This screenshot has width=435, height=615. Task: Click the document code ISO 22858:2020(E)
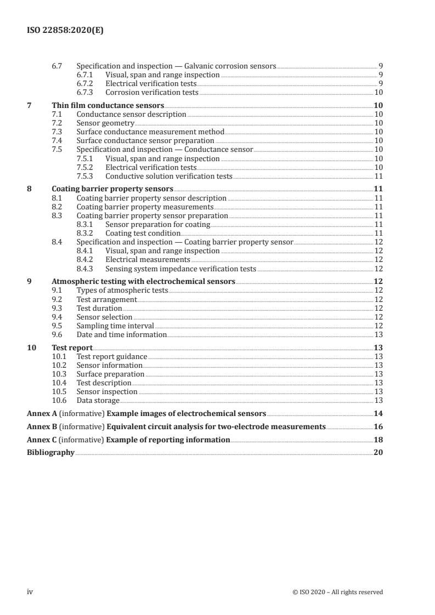click(x=65, y=31)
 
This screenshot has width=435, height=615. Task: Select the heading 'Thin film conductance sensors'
click(x=108, y=105)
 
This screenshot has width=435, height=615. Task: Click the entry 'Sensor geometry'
click(x=105, y=123)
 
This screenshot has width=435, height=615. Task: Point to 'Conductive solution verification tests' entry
click(x=168, y=176)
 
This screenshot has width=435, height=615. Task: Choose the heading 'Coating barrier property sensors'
click(x=112, y=189)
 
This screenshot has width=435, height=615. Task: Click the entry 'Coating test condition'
click(x=143, y=233)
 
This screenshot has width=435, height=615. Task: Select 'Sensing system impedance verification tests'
click(x=180, y=269)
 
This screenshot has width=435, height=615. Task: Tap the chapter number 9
click(x=30, y=281)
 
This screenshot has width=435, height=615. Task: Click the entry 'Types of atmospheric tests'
click(x=122, y=290)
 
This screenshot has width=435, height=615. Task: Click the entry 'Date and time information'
click(x=121, y=334)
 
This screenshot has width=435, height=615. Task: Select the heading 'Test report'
click(x=72, y=347)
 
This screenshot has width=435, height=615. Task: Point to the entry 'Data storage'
click(x=98, y=401)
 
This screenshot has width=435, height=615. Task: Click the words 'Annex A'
click(x=39, y=413)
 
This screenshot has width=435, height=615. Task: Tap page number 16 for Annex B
click(x=377, y=426)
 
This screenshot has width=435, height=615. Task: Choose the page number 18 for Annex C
click(x=377, y=440)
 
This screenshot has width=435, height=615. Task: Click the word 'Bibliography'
click(x=50, y=453)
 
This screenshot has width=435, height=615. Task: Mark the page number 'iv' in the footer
click(x=30, y=592)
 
